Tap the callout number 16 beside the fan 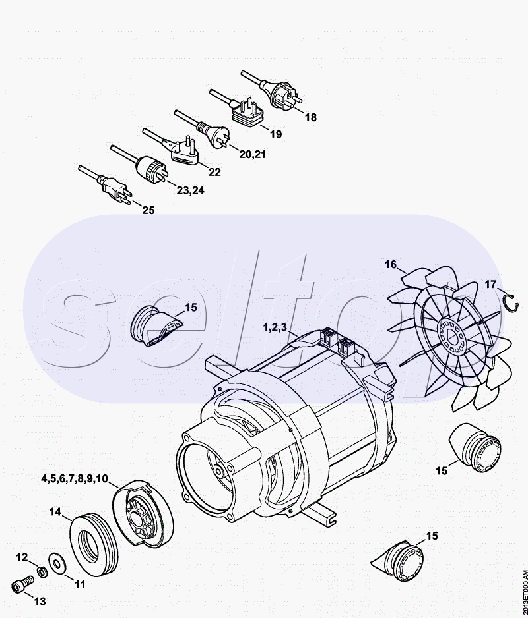click(x=391, y=264)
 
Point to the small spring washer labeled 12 click(x=42, y=571)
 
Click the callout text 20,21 click(x=253, y=154)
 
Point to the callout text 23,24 click(x=191, y=190)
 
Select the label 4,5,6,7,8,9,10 click(x=74, y=478)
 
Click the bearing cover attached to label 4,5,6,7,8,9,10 click(x=143, y=515)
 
